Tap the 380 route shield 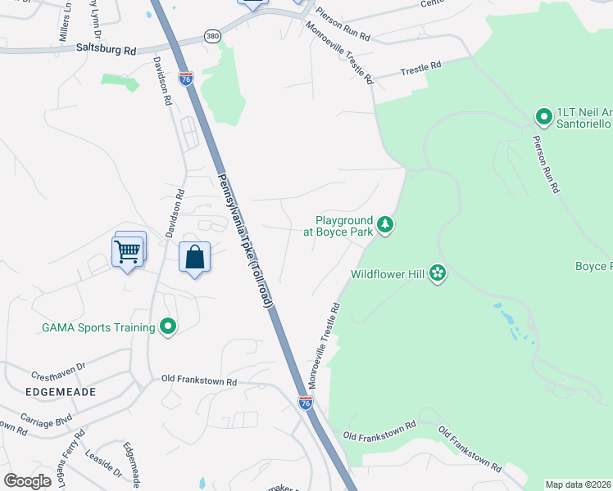coord(213,37)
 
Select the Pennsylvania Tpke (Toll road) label coord(244,241)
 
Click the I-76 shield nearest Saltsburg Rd coord(186,79)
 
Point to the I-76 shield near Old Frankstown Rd coord(305,403)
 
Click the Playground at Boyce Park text coord(338,225)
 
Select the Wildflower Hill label coord(388,274)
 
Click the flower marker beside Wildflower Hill coord(438,273)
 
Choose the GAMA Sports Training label coord(98,327)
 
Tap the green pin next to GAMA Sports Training coord(168,327)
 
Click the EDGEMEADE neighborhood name coord(61,392)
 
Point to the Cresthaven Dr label coord(58,372)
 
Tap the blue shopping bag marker coord(195,258)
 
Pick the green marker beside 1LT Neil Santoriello coord(543,117)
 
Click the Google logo coord(27,481)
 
